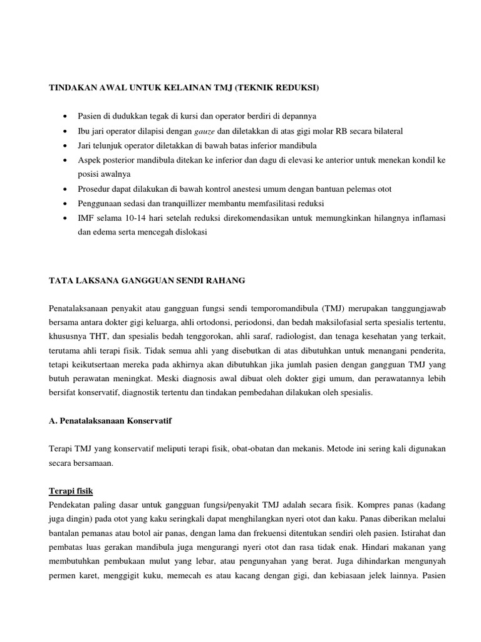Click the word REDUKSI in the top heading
point(295,88)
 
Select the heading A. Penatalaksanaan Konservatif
point(110,421)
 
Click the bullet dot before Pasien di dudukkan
point(65,117)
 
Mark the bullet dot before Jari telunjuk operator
point(65,145)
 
